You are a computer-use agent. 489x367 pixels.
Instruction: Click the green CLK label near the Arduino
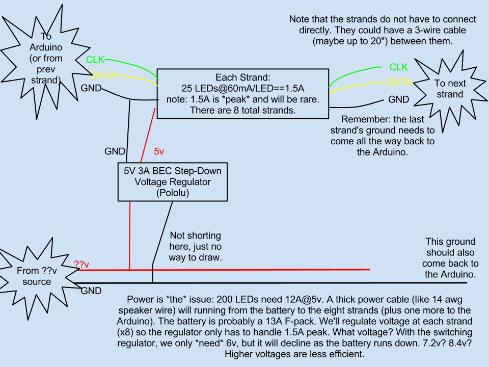(x=96, y=60)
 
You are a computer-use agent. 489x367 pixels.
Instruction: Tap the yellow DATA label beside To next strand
(x=398, y=82)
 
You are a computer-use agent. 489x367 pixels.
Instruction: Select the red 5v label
(x=159, y=151)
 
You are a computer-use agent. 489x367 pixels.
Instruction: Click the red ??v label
(x=81, y=265)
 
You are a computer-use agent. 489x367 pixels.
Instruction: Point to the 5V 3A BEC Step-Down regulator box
(x=173, y=181)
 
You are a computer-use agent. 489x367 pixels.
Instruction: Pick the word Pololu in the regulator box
(x=173, y=193)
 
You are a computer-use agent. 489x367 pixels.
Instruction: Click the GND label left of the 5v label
(x=115, y=151)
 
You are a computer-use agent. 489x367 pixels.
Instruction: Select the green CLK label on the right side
(x=398, y=67)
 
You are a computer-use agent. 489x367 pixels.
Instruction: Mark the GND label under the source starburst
(x=91, y=291)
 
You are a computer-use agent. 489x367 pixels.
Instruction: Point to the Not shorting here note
(x=195, y=247)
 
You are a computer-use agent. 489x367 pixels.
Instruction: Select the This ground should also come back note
(x=450, y=258)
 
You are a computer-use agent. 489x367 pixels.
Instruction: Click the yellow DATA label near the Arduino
(x=103, y=75)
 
